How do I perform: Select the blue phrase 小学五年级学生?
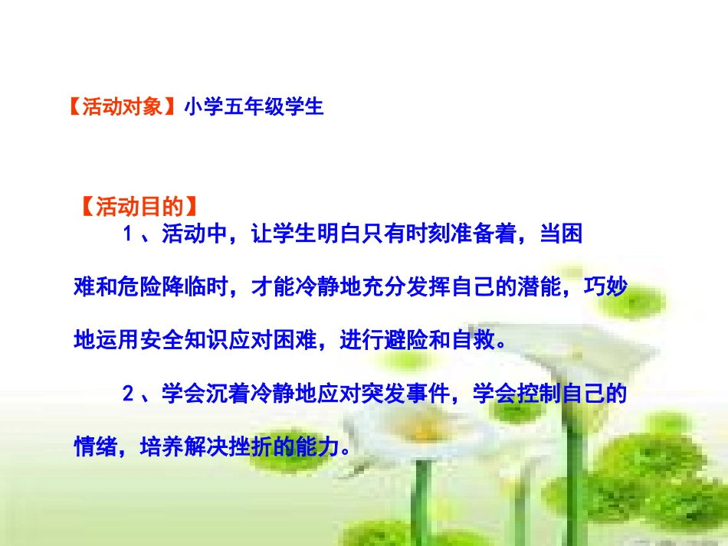(x=253, y=106)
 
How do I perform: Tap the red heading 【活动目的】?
(x=139, y=207)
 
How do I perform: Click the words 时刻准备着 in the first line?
(x=460, y=234)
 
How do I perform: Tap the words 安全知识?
(x=184, y=340)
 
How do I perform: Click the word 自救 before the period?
(x=473, y=340)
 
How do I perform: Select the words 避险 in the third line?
(x=406, y=340)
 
